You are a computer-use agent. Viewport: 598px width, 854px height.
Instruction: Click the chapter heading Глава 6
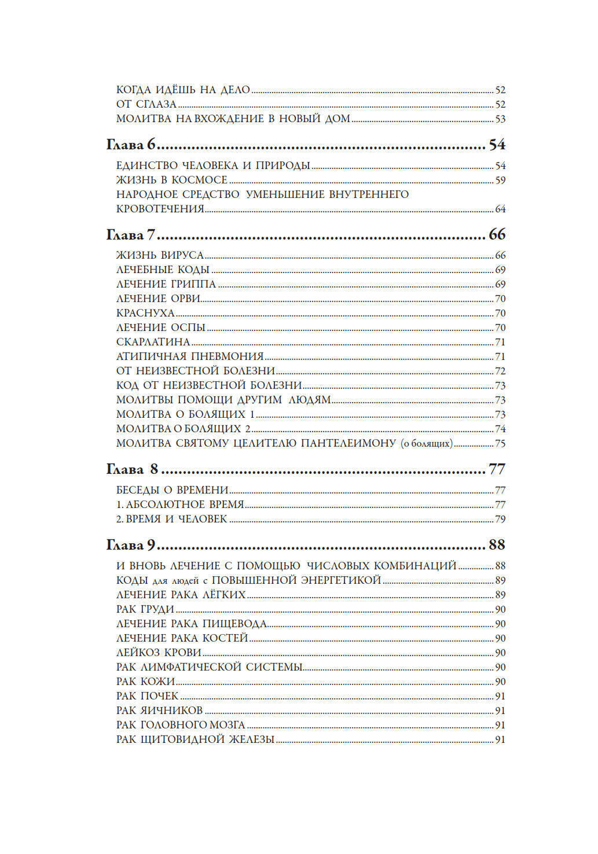pos(130,145)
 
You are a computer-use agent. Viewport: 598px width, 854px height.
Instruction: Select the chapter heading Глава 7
pos(130,234)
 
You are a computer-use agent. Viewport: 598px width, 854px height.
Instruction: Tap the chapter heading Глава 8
pos(132,469)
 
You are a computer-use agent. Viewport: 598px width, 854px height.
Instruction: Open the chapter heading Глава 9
pos(130,544)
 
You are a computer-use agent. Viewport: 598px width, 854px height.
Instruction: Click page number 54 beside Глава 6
pos(497,145)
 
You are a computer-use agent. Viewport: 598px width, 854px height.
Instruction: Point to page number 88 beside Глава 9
pos(497,544)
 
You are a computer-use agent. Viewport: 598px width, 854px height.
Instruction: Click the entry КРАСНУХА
pos(145,313)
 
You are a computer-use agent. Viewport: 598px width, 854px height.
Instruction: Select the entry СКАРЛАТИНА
pos(153,342)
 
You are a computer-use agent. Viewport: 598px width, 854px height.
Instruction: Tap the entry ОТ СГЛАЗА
pos(147,105)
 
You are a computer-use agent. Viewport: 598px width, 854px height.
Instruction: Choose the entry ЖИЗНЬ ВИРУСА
pos(160,255)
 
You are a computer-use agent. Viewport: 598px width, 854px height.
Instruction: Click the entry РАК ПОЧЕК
pos(147,696)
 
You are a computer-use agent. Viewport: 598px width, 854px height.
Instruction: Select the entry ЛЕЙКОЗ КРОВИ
pos(158,653)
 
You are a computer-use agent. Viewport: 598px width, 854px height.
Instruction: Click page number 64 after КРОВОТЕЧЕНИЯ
pos(501,209)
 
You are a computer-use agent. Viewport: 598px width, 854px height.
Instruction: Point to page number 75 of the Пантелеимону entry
pos(501,444)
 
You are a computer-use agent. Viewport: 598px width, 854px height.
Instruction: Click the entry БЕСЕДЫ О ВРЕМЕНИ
pos(172,490)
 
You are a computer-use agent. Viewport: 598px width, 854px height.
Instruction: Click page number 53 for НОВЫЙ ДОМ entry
pos(501,120)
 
